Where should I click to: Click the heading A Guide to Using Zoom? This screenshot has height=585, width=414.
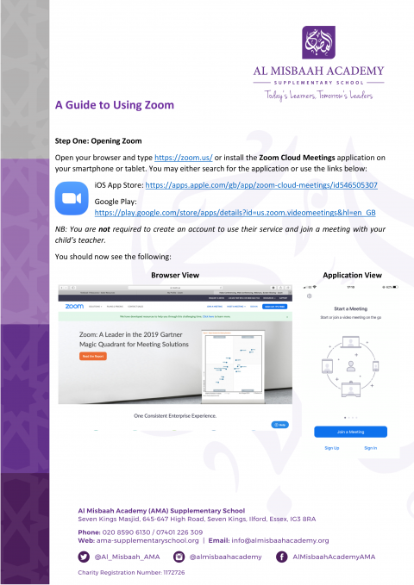114,105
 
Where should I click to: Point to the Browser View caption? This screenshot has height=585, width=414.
175,275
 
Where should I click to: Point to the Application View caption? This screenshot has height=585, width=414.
352,275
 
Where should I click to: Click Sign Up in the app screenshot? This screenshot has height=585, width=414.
331,448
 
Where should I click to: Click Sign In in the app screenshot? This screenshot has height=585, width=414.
371,448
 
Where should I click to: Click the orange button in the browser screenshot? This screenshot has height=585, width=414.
92,356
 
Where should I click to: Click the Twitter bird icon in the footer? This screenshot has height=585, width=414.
84,557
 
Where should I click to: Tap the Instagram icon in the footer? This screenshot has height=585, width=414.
180,557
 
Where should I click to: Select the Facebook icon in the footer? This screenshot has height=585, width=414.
281,557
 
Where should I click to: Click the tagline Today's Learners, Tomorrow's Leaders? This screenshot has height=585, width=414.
319,96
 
